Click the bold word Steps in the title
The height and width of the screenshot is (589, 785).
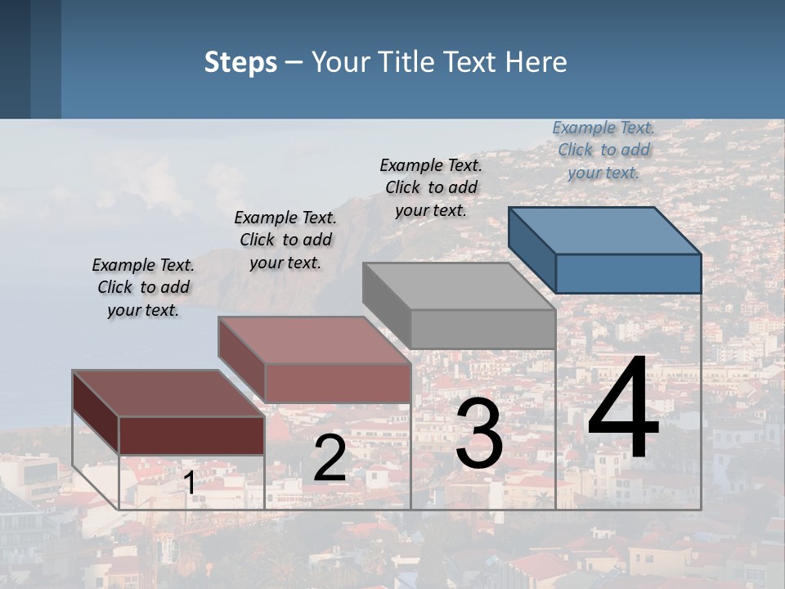click(240, 63)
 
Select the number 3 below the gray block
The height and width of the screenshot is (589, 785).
click(479, 434)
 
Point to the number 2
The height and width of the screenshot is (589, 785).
click(330, 458)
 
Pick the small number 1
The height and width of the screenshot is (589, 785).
click(190, 483)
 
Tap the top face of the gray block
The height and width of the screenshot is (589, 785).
click(458, 286)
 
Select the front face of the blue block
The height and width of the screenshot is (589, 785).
click(628, 273)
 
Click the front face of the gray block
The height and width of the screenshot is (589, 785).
click(482, 329)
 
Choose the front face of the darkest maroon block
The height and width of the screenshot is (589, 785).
click(191, 435)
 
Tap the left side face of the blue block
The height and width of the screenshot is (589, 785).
click(532, 250)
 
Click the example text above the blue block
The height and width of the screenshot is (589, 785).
click(603, 151)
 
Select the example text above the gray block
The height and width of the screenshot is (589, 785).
click(431, 187)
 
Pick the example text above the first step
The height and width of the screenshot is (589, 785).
click(143, 287)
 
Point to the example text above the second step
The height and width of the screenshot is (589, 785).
click(285, 240)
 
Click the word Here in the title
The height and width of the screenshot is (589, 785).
click(536, 62)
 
